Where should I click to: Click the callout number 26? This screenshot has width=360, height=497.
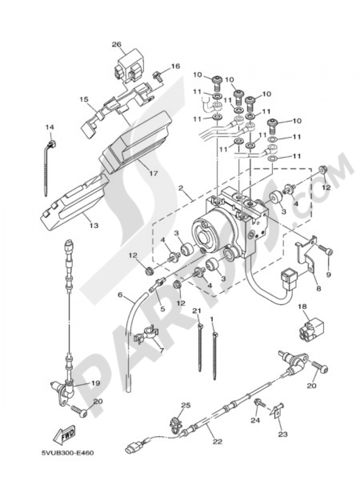coord(116,44)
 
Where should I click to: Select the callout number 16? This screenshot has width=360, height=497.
coord(175,66)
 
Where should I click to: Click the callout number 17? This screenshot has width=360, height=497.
coord(153,173)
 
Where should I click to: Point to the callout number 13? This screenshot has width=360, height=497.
coord(94,226)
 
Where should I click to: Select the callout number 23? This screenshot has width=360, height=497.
coord(283,434)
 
